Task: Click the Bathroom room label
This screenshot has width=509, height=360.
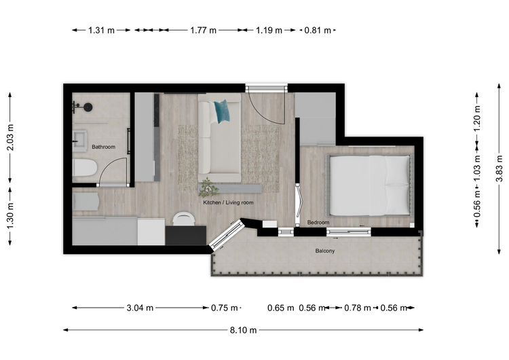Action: (x=103, y=147)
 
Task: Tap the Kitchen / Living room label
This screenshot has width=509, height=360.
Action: (x=228, y=202)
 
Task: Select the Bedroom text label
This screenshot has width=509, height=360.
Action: (x=318, y=223)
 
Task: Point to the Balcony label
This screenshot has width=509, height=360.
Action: (x=325, y=251)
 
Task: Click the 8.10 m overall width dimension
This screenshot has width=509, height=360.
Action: (x=243, y=330)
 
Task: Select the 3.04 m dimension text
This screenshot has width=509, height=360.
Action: (x=140, y=308)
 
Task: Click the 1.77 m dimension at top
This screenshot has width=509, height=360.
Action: (x=203, y=30)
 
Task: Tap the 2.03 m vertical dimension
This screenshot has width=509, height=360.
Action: (x=10, y=137)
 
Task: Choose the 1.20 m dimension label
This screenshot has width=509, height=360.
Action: (x=477, y=119)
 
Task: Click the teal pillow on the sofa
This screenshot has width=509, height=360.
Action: (x=222, y=111)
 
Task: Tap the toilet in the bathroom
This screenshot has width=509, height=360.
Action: (x=84, y=168)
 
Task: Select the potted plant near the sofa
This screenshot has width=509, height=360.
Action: (x=207, y=187)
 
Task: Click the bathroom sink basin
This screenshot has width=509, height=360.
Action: (x=79, y=141)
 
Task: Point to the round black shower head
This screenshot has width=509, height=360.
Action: (x=88, y=107)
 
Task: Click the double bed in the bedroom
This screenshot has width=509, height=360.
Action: (x=370, y=185)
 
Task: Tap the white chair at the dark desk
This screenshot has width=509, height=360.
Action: (x=184, y=219)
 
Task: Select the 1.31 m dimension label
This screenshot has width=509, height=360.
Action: (x=101, y=30)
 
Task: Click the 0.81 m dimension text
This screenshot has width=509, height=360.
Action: (x=318, y=30)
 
